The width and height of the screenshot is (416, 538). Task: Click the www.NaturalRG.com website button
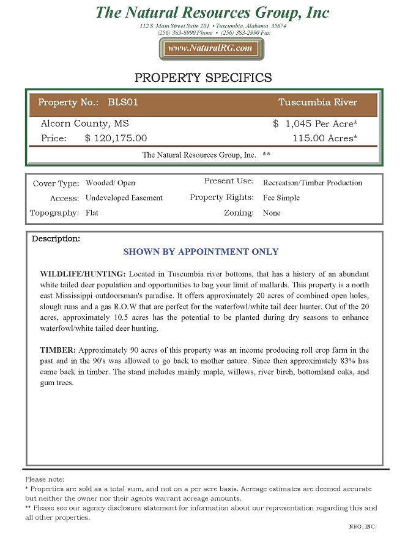(211, 48)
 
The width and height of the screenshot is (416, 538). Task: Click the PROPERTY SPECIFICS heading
(203, 78)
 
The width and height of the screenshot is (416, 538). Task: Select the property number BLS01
(122, 102)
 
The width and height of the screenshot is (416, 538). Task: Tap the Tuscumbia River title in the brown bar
(318, 102)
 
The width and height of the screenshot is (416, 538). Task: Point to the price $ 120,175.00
(116, 138)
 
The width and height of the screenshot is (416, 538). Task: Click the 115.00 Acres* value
(325, 138)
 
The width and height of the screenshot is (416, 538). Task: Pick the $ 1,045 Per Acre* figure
(315, 123)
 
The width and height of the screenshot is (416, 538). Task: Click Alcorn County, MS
(84, 123)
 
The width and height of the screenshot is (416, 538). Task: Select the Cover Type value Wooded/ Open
(110, 183)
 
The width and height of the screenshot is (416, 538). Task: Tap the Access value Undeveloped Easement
(124, 198)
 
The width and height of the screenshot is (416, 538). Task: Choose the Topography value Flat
(92, 213)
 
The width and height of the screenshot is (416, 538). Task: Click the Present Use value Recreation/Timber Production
(312, 183)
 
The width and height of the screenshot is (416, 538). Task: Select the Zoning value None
(272, 213)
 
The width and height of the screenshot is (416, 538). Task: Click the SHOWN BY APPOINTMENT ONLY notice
(201, 252)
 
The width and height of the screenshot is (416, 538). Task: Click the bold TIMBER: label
(58, 350)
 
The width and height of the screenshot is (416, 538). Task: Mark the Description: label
(56, 238)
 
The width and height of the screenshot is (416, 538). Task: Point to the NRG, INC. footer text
(363, 526)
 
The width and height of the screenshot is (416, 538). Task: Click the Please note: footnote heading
(44, 479)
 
